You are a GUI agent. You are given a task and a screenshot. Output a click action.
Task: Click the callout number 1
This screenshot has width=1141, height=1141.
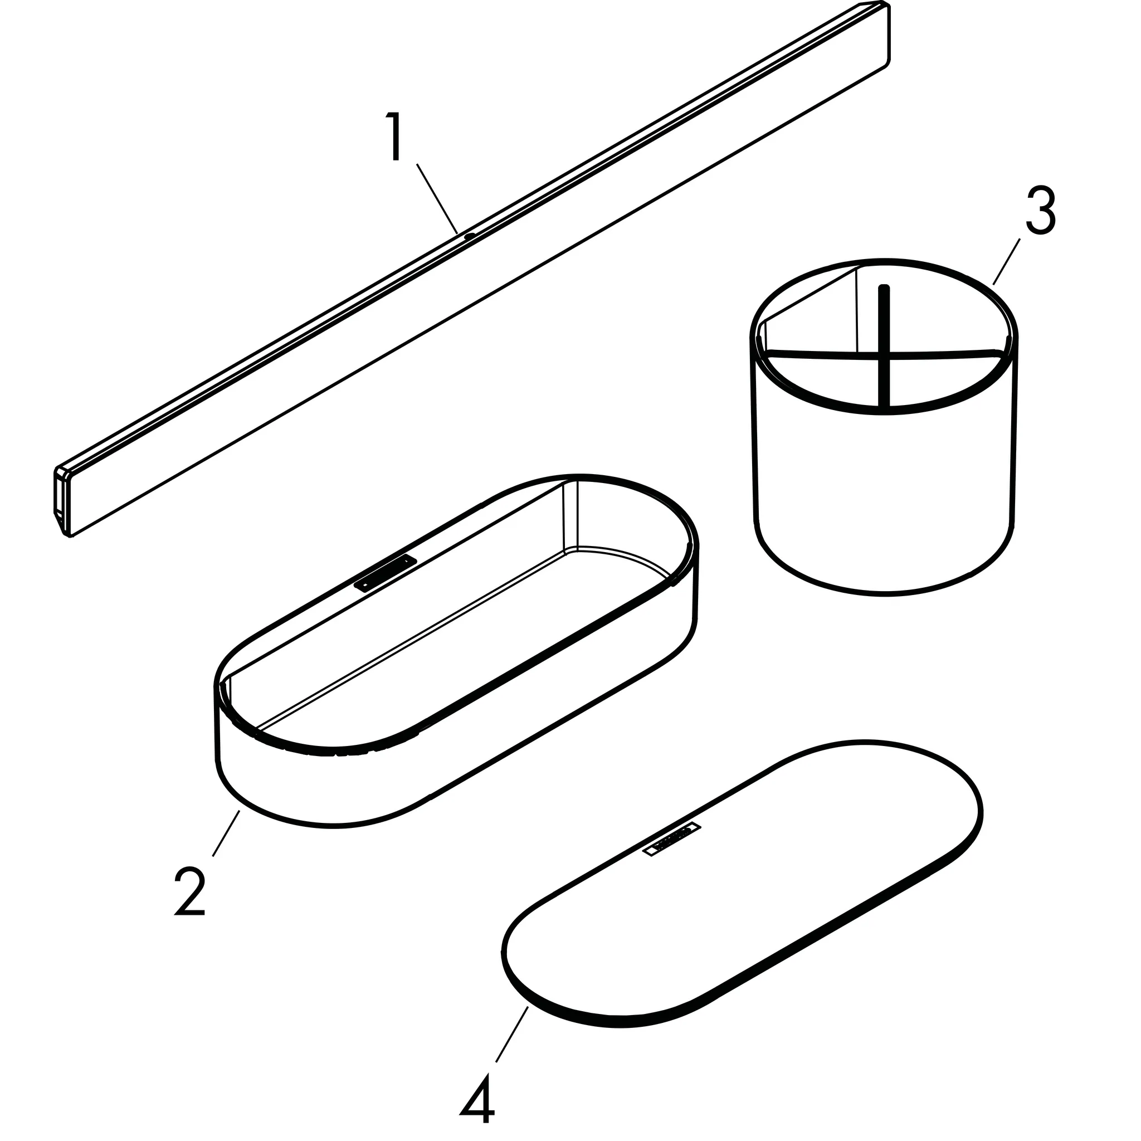[394, 138]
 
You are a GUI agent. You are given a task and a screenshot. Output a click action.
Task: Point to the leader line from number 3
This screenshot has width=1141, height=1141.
[1006, 262]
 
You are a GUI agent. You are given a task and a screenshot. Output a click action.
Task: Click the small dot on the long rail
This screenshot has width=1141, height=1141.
[470, 236]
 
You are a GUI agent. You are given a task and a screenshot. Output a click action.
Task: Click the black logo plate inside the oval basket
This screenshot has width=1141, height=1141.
[385, 572]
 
